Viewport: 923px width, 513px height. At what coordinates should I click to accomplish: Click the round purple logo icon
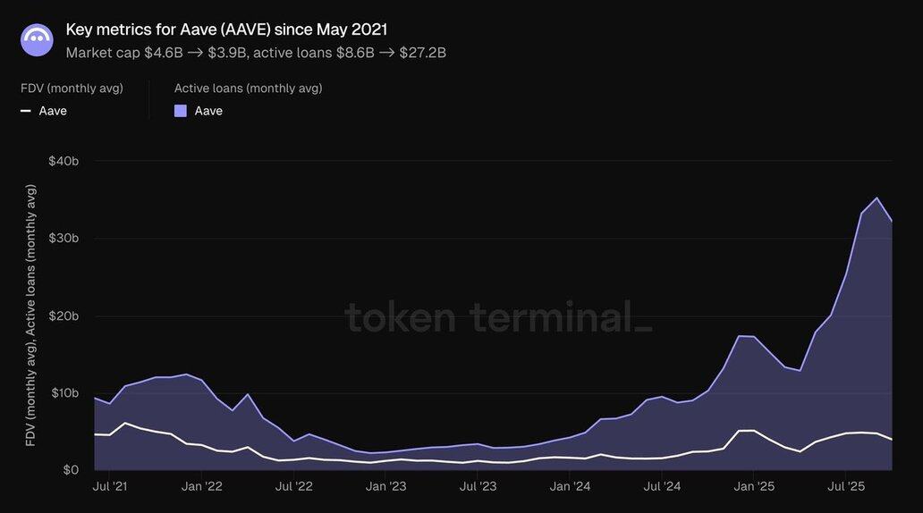pyautogui.click(x=37, y=40)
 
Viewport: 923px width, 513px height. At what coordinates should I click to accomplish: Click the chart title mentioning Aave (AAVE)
pyautogui.click(x=226, y=29)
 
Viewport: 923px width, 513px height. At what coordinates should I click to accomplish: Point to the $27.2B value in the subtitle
pyautogui.click(x=424, y=53)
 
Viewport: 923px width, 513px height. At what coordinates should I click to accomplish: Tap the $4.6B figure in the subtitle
pyautogui.click(x=163, y=53)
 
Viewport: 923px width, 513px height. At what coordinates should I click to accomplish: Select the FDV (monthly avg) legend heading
pyautogui.click(x=72, y=88)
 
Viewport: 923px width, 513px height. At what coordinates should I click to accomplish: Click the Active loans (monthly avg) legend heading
pyautogui.click(x=248, y=88)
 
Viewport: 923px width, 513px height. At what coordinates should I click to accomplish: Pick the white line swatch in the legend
pyautogui.click(x=26, y=111)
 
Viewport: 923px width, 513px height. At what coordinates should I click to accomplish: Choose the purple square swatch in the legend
pyautogui.click(x=181, y=111)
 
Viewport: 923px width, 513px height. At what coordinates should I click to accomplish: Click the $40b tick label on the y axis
pyautogui.click(x=64, y=161)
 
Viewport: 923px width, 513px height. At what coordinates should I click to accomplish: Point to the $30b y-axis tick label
pyautogui.click(x=64, y=238)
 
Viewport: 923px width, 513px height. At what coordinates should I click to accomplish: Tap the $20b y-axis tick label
pyautogui.click(x=64, y=315)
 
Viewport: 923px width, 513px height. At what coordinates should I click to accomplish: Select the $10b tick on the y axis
pyautogui.click(x=64, y=393)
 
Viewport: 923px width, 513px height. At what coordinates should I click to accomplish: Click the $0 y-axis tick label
pyautogui.click(x=70, y=470)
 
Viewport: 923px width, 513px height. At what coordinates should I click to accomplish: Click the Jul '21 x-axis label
pyautogui.click(x=109, y=487)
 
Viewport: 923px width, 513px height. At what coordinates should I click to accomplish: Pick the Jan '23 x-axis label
pyautogui.click(x=386, y=487)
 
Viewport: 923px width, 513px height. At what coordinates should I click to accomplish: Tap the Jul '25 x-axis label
pyautogui.click(x=847, y=487)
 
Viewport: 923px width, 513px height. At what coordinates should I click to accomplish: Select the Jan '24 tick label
pyautogui.click(x=571, y=487)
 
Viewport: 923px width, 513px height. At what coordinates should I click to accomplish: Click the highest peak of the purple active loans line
pyautogui.click(x=876, y=198)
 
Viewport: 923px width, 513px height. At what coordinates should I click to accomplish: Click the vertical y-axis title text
pyautogui.click(x=31, y=315)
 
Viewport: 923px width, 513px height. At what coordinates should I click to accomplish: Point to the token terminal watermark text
pyautogui.click(x=498, y=317)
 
